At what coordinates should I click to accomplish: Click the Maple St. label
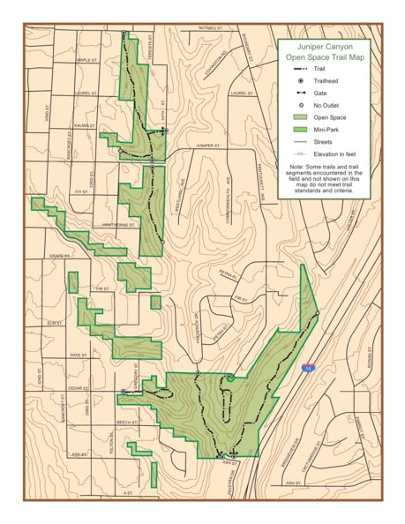click(x=86, y=60)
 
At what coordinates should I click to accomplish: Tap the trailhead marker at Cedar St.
click(x=123, y=391)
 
